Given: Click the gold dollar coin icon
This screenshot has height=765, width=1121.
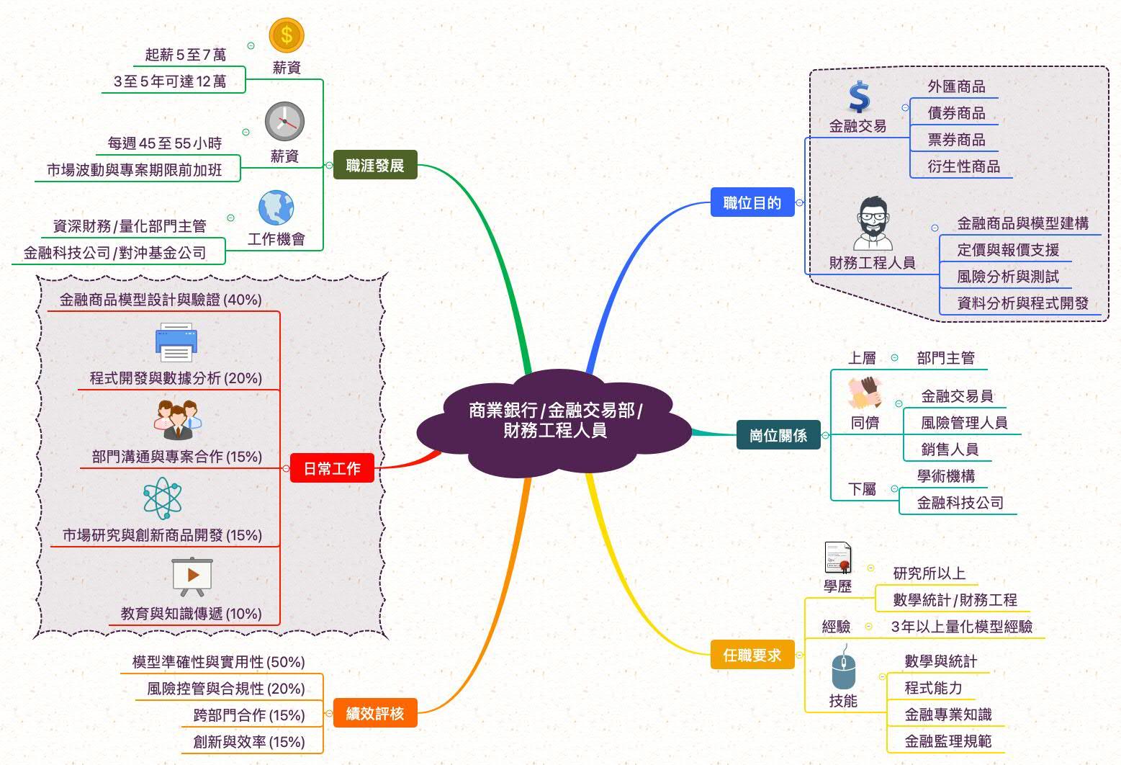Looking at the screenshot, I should [287, 35].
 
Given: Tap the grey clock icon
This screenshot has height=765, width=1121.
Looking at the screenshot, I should [284, 121].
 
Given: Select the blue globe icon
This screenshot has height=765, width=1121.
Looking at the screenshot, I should [276, 208].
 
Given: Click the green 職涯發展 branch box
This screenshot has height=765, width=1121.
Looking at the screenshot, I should [374, 166].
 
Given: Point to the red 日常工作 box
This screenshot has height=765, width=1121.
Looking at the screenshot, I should [332, 468].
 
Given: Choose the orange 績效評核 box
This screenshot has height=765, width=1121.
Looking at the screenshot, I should [374, 714].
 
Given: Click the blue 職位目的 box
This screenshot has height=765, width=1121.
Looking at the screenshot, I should [752, 203].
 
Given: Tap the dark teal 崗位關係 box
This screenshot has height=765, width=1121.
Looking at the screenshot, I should [778, 435].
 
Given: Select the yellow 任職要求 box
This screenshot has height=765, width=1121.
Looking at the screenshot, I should [752, 655].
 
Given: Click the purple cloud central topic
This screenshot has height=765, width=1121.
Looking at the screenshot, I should [554, 421].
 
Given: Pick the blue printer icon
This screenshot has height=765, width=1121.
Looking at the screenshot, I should [176, 342].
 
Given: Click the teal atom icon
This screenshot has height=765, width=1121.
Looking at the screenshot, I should [162, 498].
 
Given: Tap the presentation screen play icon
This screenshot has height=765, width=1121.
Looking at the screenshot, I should [192, 576].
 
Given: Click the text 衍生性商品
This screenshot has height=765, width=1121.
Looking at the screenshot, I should [963, 166].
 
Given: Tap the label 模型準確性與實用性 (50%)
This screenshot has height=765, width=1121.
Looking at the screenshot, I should [218, 662].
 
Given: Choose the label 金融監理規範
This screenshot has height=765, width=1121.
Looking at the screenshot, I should [947, 741].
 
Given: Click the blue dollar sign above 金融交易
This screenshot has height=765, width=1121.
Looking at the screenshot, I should [859, 97].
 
